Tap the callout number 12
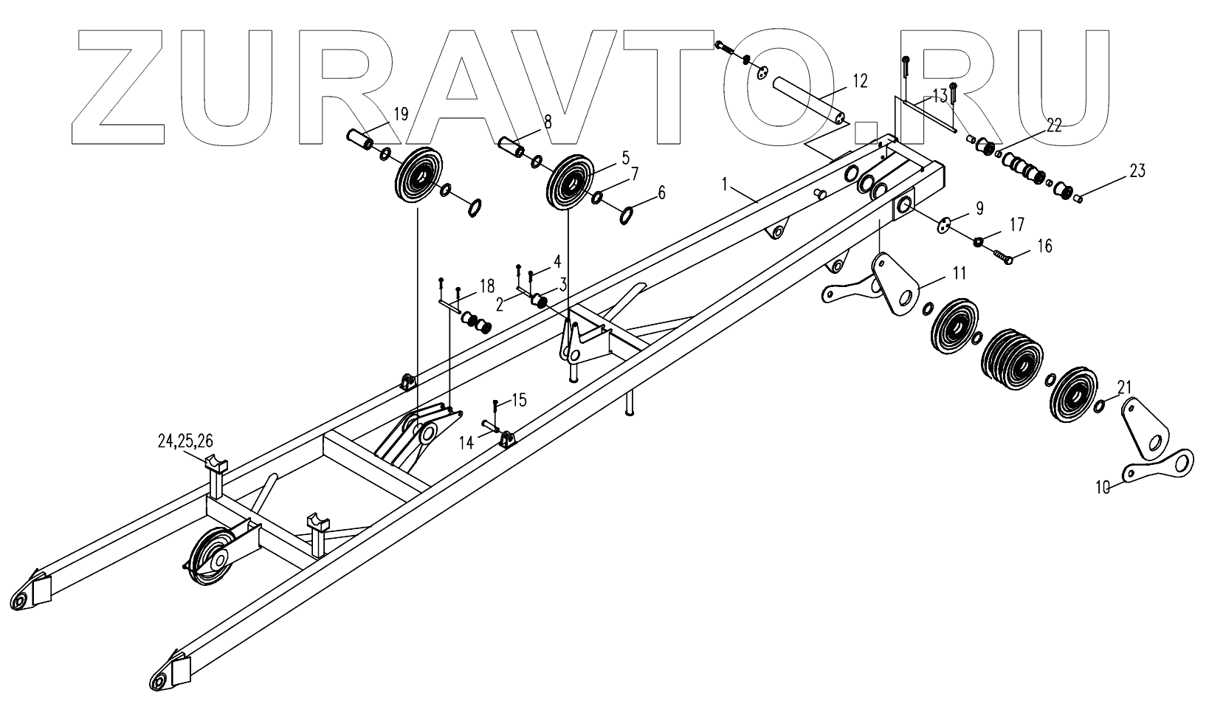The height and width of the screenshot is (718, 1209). pos(859,80)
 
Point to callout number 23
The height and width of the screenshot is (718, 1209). pos(1137,171)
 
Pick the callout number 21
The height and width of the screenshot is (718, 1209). pos(1124,387)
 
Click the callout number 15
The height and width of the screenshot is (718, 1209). pos(519,400)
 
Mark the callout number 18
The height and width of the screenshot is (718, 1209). pos(486,286)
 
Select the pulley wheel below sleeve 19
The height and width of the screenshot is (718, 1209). pos(418,180)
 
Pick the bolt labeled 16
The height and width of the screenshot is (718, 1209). pos(1004,258)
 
